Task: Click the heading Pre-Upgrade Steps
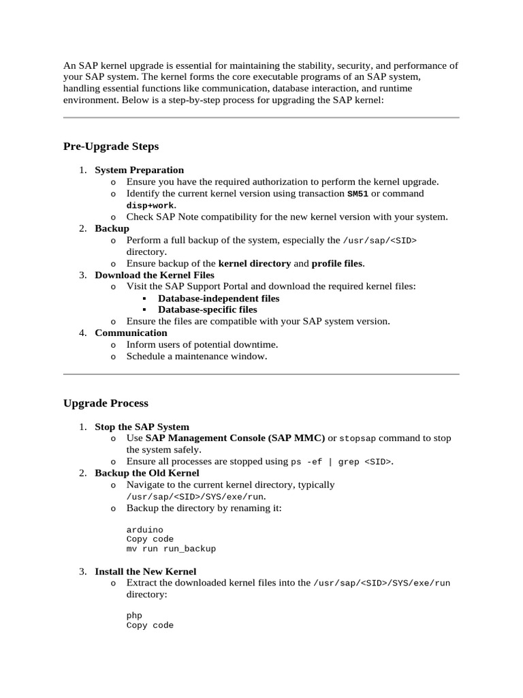pyautogui.click(x=111, y=147)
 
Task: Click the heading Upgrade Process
pyautogui.click(x=106, y=404)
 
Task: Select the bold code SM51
pyautogui.click(x=358, y=194)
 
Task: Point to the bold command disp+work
pyautogui.click(x=150, y=205)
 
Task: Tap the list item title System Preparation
pyautogui.click(x=139, y=170)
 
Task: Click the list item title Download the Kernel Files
pyautogui.click(x=155, y=275)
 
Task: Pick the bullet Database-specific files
pyautogui.click(x=208, y=309)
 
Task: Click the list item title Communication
pyautogui.click(x=131, y=333)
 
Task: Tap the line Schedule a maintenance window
pyautogui.click(x=197, y=356)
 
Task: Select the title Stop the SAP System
pyautogui.click(x=142, y=427)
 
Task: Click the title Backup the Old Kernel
pyautogui.click(x=147, y=473)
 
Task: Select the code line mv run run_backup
pyautogui.click(x=171, y=549)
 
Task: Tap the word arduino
pyautogui.click(x=145, y=530)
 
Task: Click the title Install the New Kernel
pyautogui.click(x=145, y=571)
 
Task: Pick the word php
pyautogui.click(x=134, y=616)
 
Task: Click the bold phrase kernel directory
pyautogui.click(x=254, y=263)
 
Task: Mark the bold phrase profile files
pyautogui.click(x=337, y=263)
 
